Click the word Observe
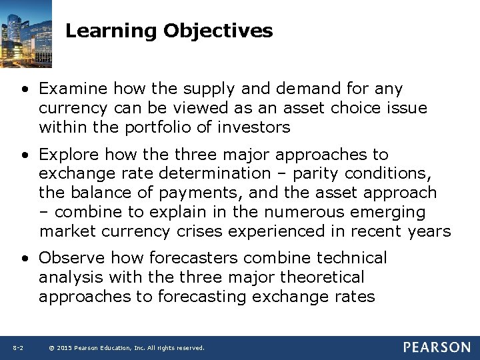click(x=72, y=258)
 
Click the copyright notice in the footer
click(x=127, y=348)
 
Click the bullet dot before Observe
click(x=25, y=259)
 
